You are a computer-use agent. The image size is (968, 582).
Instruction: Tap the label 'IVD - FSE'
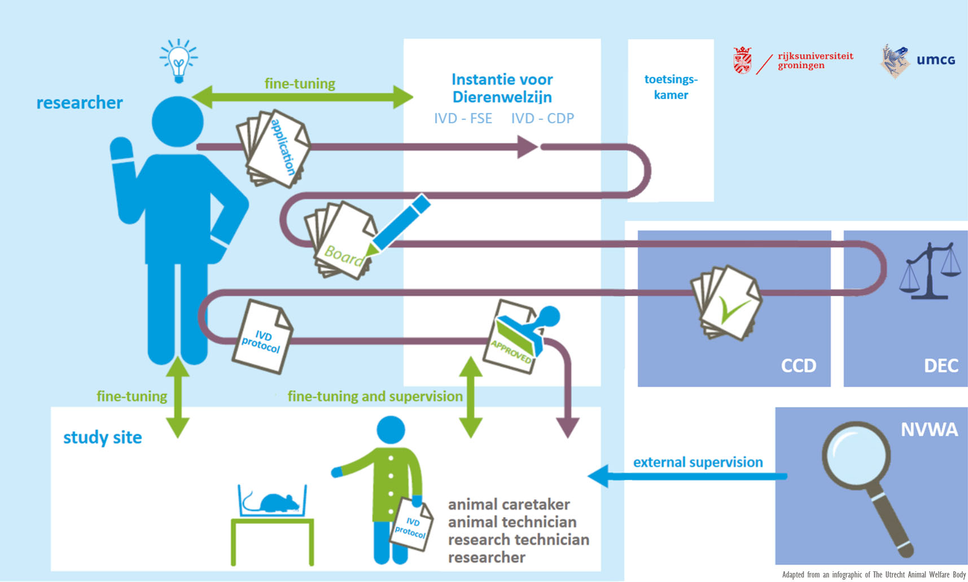463,119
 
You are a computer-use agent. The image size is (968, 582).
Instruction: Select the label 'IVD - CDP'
542,119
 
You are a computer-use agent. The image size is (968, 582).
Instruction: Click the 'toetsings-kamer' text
671,87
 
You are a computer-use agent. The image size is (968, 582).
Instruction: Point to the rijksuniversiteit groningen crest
742,60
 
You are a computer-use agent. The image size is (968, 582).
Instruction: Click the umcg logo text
935,60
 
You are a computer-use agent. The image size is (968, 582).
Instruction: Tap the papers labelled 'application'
274,148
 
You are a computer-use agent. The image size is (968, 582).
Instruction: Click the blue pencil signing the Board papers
400,223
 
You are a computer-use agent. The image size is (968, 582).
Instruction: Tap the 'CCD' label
798,366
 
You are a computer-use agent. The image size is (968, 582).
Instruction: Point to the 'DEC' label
941,366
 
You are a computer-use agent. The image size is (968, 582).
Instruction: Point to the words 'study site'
102,437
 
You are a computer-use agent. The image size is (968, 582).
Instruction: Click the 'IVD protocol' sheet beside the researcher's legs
262,337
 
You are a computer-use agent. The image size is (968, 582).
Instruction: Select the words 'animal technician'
512,522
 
